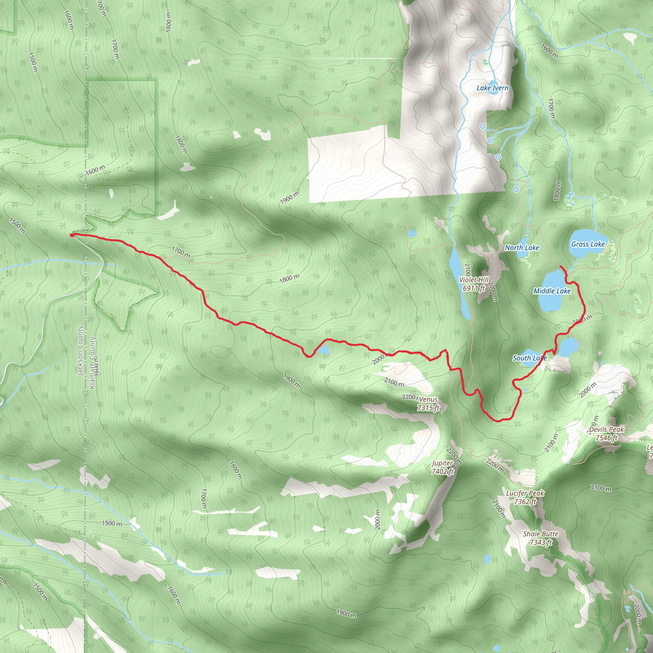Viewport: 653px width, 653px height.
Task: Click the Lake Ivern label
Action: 492,88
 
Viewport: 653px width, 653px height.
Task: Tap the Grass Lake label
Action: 588,244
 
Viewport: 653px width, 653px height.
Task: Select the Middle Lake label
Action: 552,291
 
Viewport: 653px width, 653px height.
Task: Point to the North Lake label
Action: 522,247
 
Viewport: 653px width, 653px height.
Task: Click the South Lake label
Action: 529,358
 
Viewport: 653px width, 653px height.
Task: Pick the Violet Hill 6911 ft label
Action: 473,284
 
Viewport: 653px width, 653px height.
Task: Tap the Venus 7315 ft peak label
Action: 428,404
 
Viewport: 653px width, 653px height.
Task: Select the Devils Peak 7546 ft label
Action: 606,434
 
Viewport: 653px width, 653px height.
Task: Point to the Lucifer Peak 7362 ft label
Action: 525,497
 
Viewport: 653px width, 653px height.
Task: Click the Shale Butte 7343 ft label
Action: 540,538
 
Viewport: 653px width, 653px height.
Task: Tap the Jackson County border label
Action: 80,350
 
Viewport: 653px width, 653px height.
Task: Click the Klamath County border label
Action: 92,362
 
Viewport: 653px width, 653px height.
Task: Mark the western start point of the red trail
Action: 72,235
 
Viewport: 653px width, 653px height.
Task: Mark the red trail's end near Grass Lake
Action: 561,267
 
